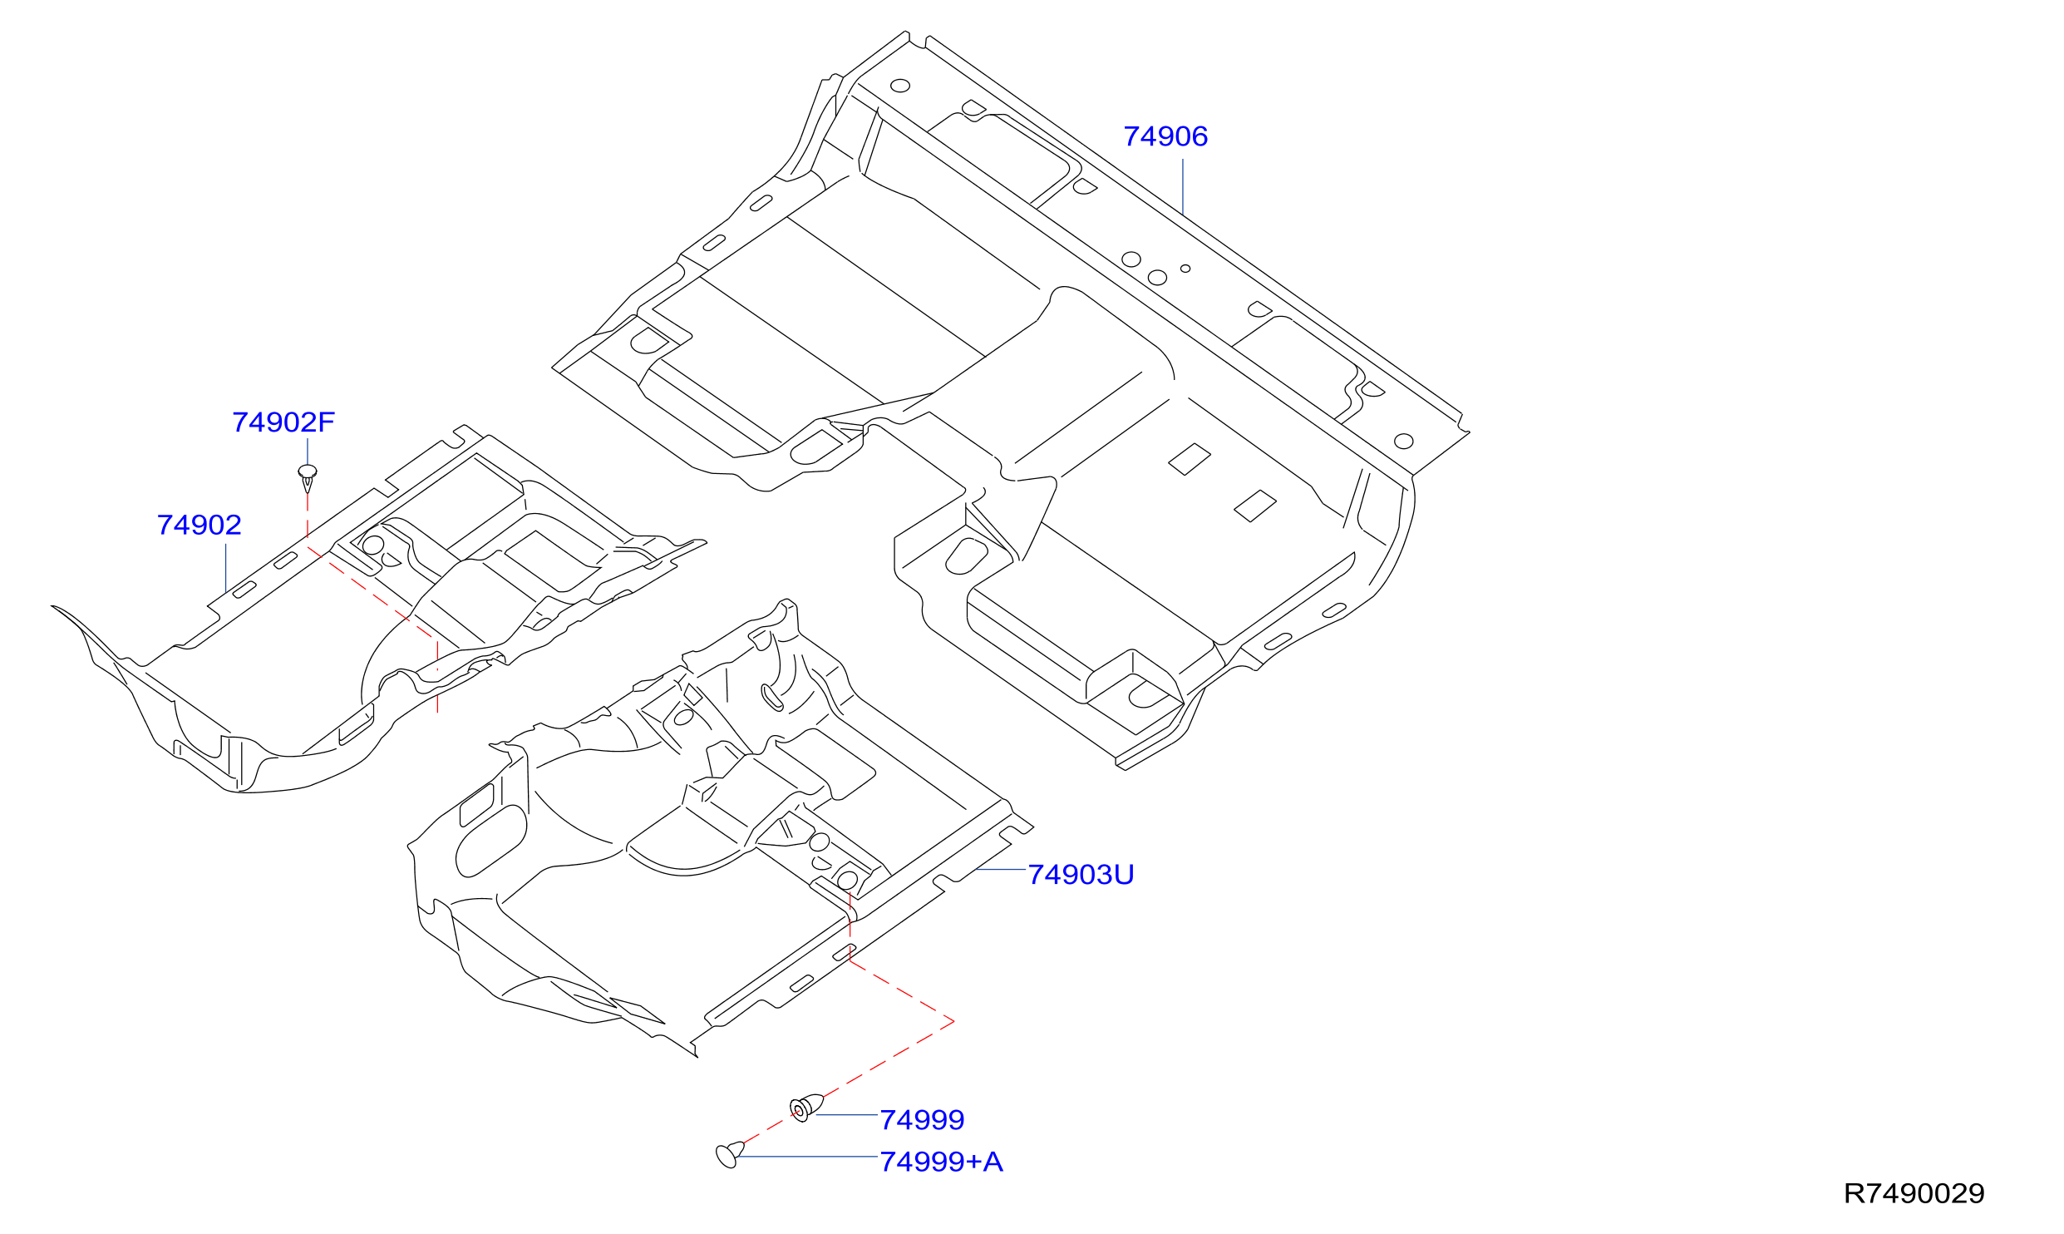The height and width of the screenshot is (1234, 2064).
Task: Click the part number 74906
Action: click(1165, 136)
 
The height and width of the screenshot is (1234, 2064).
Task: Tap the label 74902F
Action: click(283, 422)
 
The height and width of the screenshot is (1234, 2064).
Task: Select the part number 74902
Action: click(200, 525)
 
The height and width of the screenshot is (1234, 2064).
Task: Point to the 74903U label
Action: click(1081, 875)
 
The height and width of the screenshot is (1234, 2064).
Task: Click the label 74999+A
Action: click(942, 1162)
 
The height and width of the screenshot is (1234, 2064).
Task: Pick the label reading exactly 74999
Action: click(923, 1120)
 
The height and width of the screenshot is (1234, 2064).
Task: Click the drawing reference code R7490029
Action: click(1914, 1193)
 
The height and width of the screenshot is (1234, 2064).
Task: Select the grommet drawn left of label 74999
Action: click(805, 1108)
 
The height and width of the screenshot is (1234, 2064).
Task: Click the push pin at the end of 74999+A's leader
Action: click(729, 1154)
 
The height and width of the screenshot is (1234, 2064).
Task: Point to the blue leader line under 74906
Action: click(1183, 186)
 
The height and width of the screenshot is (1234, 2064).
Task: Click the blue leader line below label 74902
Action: click(226, 568)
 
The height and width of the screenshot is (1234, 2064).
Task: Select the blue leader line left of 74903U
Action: click(1001, 869)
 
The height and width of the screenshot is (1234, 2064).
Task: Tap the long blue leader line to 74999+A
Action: click(807, 1157)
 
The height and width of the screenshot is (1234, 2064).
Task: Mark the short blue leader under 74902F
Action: click(308, 452)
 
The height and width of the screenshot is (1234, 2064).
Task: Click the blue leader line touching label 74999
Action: click(847, 1114)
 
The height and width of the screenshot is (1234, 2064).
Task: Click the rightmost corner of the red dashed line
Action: click(954, 1020)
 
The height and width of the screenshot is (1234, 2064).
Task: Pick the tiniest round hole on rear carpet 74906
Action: click(1185, 269)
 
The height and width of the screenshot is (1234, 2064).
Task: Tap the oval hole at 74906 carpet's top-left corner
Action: click(900, 86)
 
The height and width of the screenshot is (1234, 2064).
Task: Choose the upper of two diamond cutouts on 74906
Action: click(1190, 459)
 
